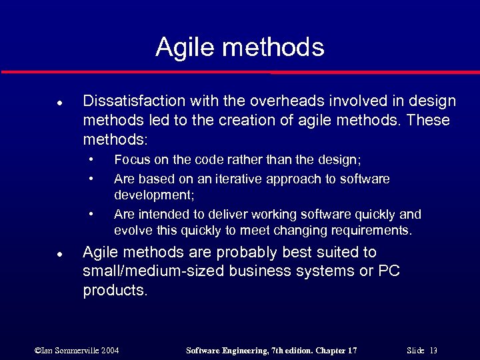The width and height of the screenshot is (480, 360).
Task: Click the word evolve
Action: [131, 231]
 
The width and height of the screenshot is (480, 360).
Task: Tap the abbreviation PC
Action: [389, 272]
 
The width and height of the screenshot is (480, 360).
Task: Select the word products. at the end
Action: [115, 291]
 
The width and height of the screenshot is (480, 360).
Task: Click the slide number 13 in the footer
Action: [433, 351]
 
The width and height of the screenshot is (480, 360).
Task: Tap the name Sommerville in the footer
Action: [76, 351]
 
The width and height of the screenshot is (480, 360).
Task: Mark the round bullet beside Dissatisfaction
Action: [59, 103]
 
